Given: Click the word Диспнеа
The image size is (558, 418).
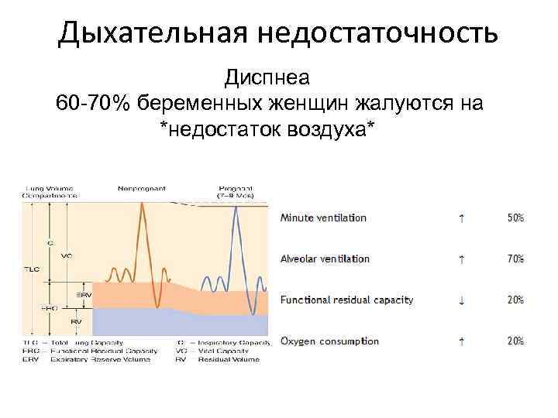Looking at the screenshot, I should (x=267, y=78).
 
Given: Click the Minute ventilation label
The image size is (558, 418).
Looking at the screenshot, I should (x=323, y=218).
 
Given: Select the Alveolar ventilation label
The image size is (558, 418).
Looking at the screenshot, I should (x=325, y=259).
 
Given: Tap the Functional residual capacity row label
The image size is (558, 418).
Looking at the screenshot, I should (x=346, y=300).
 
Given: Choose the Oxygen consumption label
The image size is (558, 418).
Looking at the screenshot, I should (x=329, y=341).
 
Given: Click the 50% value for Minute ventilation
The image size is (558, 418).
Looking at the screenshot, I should (x=515, y=218).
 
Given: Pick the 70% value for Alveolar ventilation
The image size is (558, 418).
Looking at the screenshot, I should (x=515, y=259).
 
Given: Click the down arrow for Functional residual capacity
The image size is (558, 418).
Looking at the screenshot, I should (x=463, y=300).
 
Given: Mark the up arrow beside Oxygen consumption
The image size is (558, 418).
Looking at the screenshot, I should (x=463, y=341).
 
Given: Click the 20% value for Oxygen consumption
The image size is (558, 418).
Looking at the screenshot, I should (x=515, y=341).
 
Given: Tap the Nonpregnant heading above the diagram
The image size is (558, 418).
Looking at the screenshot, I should (x=142, y=187).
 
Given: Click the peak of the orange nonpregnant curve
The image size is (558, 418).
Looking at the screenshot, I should (x=143, y=203).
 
